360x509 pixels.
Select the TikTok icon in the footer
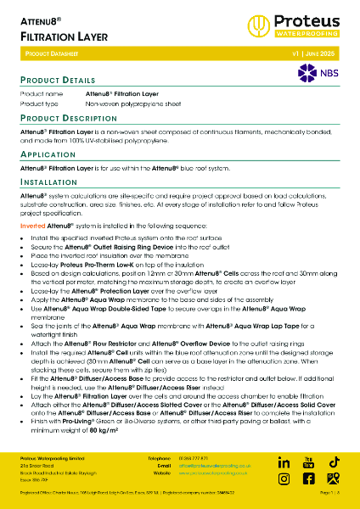(335, 461)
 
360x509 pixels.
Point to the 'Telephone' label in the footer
(160, 459)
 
